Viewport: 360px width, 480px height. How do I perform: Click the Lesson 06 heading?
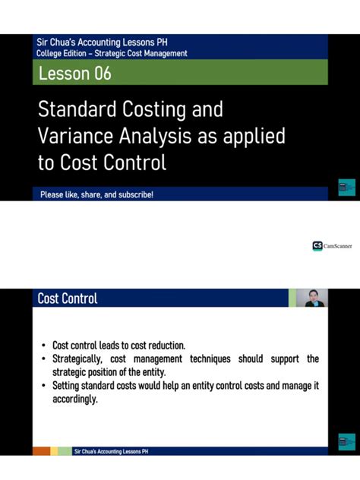(74, 73)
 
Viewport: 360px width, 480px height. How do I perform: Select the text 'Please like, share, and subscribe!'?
(97, 195)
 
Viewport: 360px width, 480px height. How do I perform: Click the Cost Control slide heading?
(68, 298)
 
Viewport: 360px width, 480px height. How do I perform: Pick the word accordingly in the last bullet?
(74, 399)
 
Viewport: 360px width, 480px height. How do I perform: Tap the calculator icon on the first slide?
(344, 188)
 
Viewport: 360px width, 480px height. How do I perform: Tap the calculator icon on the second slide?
(344, 442)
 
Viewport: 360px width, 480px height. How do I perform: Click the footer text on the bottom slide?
(111, 451)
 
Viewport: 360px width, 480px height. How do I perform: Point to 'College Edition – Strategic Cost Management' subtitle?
(112, 53)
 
